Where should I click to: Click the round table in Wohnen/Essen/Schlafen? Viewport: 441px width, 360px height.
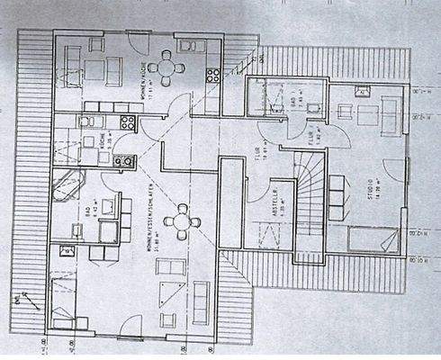(x=183, y=219)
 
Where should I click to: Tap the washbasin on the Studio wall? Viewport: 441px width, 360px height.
(x=364, y=92)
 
